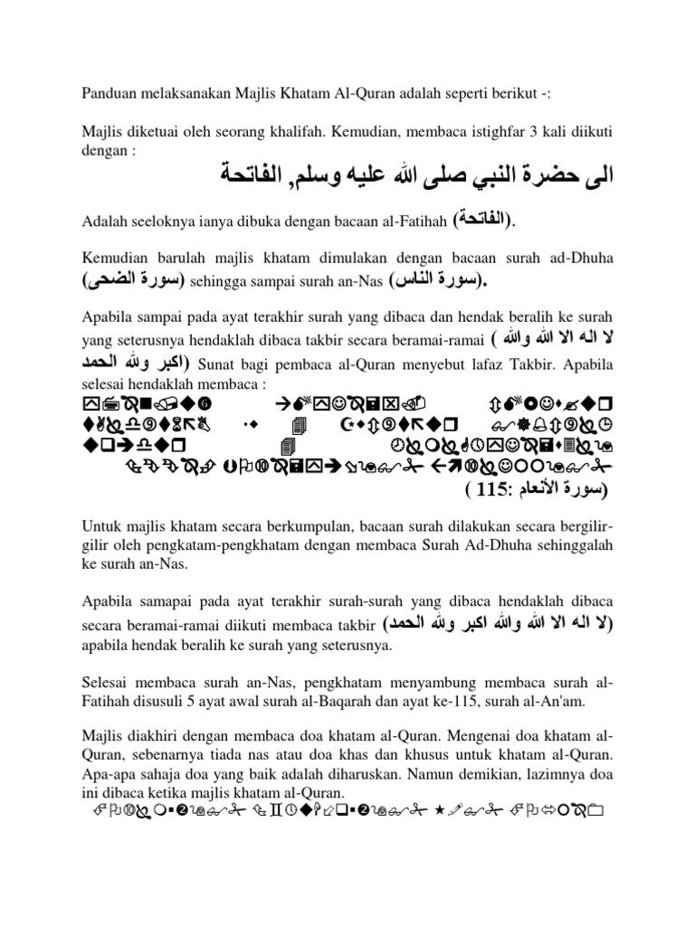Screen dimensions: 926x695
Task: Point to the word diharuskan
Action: tap(353, 777)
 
